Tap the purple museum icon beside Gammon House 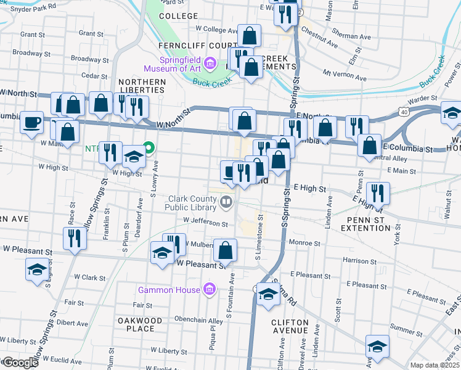tap(210, 289)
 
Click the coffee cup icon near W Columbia tap(31, 121)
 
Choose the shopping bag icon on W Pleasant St tap(226, 250)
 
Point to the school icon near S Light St tap(37, 269)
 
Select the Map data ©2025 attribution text tap(434, 365)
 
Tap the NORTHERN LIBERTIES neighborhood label tap(142, 86)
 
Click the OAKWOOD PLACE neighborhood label tap(139, 324)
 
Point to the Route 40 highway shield tap(402, 112)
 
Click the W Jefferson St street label tap(206, 219)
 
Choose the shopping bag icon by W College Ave tap(249, 35)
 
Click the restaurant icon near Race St tap(75, 238)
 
